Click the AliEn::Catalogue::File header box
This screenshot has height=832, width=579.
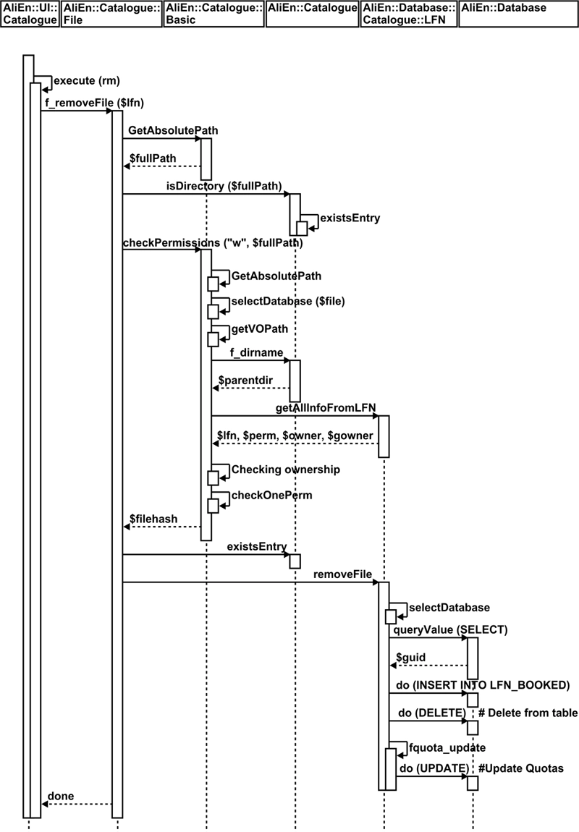point(111,14)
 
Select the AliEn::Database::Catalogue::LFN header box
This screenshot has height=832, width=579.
point(408,14)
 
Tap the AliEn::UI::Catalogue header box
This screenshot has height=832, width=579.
point(30,14)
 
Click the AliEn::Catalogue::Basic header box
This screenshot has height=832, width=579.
point(214,14)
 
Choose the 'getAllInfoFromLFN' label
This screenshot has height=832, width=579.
point(325,408)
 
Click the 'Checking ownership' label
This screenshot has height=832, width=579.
point(285,470)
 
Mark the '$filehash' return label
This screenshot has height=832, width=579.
point(153,519)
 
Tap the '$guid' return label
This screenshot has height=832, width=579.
point(410,656)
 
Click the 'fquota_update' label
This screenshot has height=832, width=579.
point(447,747)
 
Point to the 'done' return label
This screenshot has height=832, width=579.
point(60,797)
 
